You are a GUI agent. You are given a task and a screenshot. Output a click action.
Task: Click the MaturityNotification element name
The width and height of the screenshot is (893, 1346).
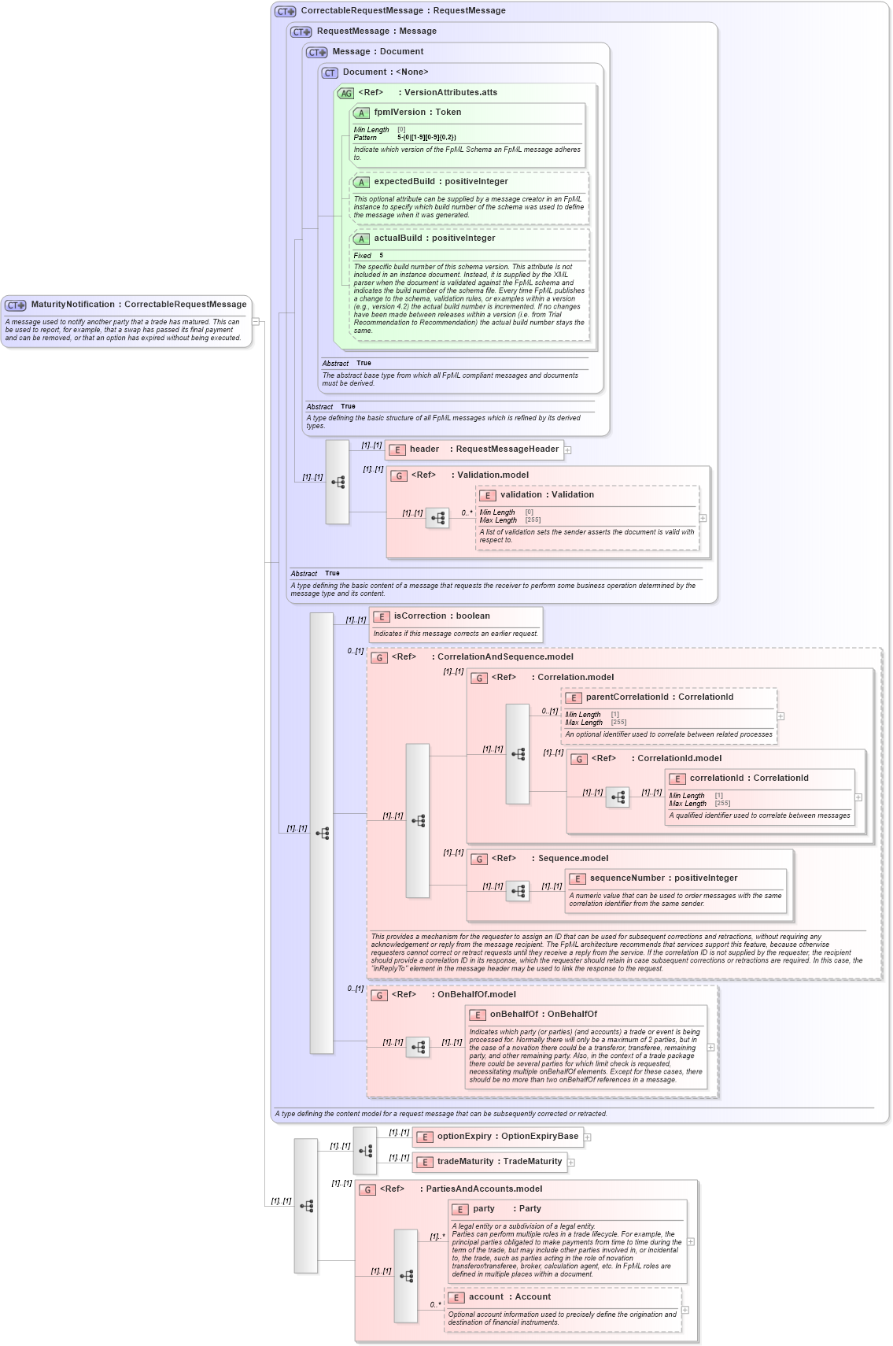pos(72,305)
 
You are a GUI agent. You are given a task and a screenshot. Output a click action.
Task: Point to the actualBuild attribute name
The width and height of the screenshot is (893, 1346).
pos(397,239)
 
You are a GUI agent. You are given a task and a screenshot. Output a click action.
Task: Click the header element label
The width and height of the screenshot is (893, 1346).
pos(424,449)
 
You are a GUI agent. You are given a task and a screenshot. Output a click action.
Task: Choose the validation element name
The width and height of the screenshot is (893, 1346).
pos(521,495)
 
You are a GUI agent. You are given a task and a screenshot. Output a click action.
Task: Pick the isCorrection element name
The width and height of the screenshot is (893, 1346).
pos(420,616)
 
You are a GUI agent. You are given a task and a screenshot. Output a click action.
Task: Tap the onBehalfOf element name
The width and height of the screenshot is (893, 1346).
pos(514,1015)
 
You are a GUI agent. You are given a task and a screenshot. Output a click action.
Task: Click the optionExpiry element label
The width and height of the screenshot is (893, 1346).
pos(464,1137)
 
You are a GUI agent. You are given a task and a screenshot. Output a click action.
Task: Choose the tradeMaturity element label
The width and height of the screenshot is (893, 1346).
pos(465,1162)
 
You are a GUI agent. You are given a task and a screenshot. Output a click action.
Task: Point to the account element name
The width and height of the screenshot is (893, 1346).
pos(486,1297)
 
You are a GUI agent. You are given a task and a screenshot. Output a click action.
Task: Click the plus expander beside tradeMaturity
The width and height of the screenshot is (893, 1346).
pos(571,1163)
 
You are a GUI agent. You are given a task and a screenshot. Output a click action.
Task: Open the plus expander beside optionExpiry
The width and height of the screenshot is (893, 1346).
pos(587,1137)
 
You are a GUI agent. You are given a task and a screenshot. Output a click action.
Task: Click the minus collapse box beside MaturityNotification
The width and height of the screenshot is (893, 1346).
pos(256,321)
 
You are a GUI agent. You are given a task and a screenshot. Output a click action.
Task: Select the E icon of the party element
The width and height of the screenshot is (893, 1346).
pos(460,1210)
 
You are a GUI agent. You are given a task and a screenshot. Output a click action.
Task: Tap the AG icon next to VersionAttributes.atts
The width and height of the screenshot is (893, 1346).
pos(345,94)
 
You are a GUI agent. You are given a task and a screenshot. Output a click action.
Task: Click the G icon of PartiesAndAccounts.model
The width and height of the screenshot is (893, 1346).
pos(367,1190)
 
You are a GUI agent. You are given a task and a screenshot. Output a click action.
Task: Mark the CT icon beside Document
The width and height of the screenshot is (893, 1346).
pos(330,73)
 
